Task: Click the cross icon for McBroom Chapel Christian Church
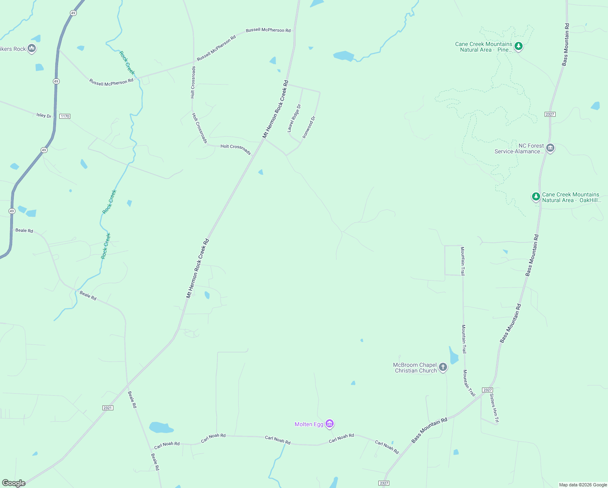[x=443, y=367]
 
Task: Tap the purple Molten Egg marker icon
[x=330, y=424]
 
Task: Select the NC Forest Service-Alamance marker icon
[x=550, y=148]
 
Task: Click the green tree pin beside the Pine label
[x=518, y=46]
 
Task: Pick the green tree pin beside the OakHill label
[x=536, y=197]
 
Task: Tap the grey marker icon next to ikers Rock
[x=32, y=48]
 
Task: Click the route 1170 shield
[x=65, y=116]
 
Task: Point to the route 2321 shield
[x=107, y=408]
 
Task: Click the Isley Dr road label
[x=44, y=115]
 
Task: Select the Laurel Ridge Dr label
[x=294, y=118]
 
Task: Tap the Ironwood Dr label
[x=309, y=127]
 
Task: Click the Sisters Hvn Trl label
[x=494, y=408]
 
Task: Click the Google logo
[x=13, y=483]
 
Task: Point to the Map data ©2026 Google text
[x=583, y=485]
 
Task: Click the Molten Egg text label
[x=309, y=424]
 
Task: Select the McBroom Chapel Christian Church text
[x=415, y=368]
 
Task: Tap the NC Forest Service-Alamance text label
[x=519, y=148]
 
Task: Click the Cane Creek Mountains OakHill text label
[x=571, y=197]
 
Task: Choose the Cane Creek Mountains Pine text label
[x=484, y=47]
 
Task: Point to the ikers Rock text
[x=13, y=49]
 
